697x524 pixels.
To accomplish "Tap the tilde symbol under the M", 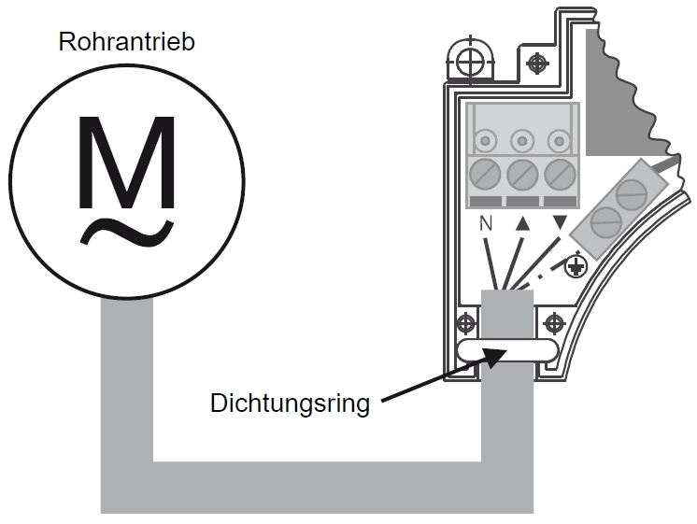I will point(128,231).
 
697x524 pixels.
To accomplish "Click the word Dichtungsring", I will point(291,404).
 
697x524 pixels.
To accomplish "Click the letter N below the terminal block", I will point(485,224).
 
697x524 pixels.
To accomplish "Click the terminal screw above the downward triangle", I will point(560,175).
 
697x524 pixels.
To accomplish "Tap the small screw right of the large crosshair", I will point(537,64).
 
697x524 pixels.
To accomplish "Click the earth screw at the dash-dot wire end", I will point(576,268).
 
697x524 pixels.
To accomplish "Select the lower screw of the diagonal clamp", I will point(603,221).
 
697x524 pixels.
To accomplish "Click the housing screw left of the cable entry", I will point(464,323).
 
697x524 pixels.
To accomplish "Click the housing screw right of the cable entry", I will point(553,323).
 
